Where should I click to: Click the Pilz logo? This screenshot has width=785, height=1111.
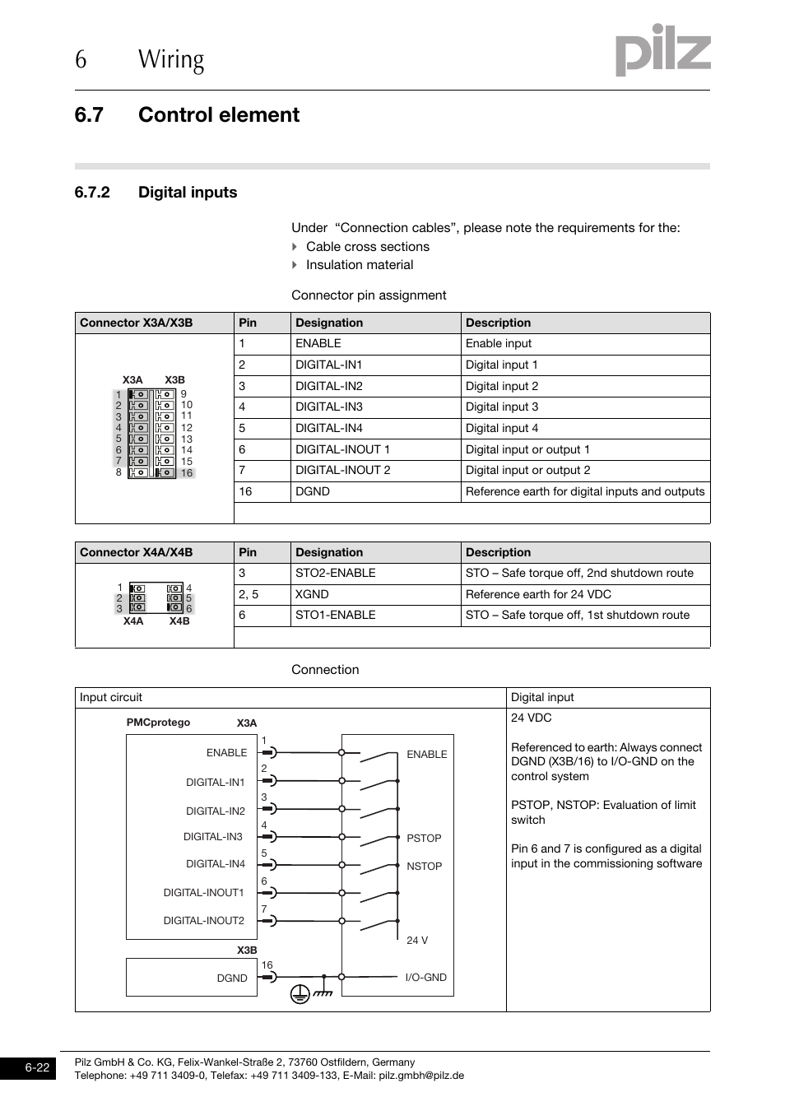(x=662, y=50)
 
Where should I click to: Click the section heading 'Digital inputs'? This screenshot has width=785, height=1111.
(x=188, y=193)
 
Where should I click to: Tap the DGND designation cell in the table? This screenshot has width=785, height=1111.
(x=313, y=492)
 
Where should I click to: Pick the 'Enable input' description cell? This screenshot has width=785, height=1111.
(x=499, y=344)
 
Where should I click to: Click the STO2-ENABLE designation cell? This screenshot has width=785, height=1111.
(x=335, y=574)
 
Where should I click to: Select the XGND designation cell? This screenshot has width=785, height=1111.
(x=312, y=595)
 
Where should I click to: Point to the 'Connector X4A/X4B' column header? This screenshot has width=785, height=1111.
(x=137, y=553)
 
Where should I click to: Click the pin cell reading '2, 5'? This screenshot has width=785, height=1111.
(x=249, y=595)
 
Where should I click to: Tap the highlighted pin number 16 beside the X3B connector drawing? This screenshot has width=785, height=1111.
(x=187, y=473)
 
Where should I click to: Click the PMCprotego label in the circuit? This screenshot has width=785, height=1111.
(x=158, y=723)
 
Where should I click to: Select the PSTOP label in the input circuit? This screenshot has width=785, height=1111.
(x=424, y=839)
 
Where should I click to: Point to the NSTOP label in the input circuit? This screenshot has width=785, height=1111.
(x=424, y=867)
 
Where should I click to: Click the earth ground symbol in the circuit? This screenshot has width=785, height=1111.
(x=300, y=994)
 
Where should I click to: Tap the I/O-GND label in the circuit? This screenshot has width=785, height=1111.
(x=425, y=978)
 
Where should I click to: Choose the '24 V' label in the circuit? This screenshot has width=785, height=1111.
(x=417, y=941)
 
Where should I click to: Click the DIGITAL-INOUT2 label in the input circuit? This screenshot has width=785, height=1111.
(x=203, y=921)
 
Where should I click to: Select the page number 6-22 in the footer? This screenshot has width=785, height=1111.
(x=37, y=1068)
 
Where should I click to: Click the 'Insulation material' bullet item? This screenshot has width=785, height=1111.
(x=360, y=265)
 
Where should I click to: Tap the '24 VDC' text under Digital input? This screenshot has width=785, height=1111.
(x=532, y=718)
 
